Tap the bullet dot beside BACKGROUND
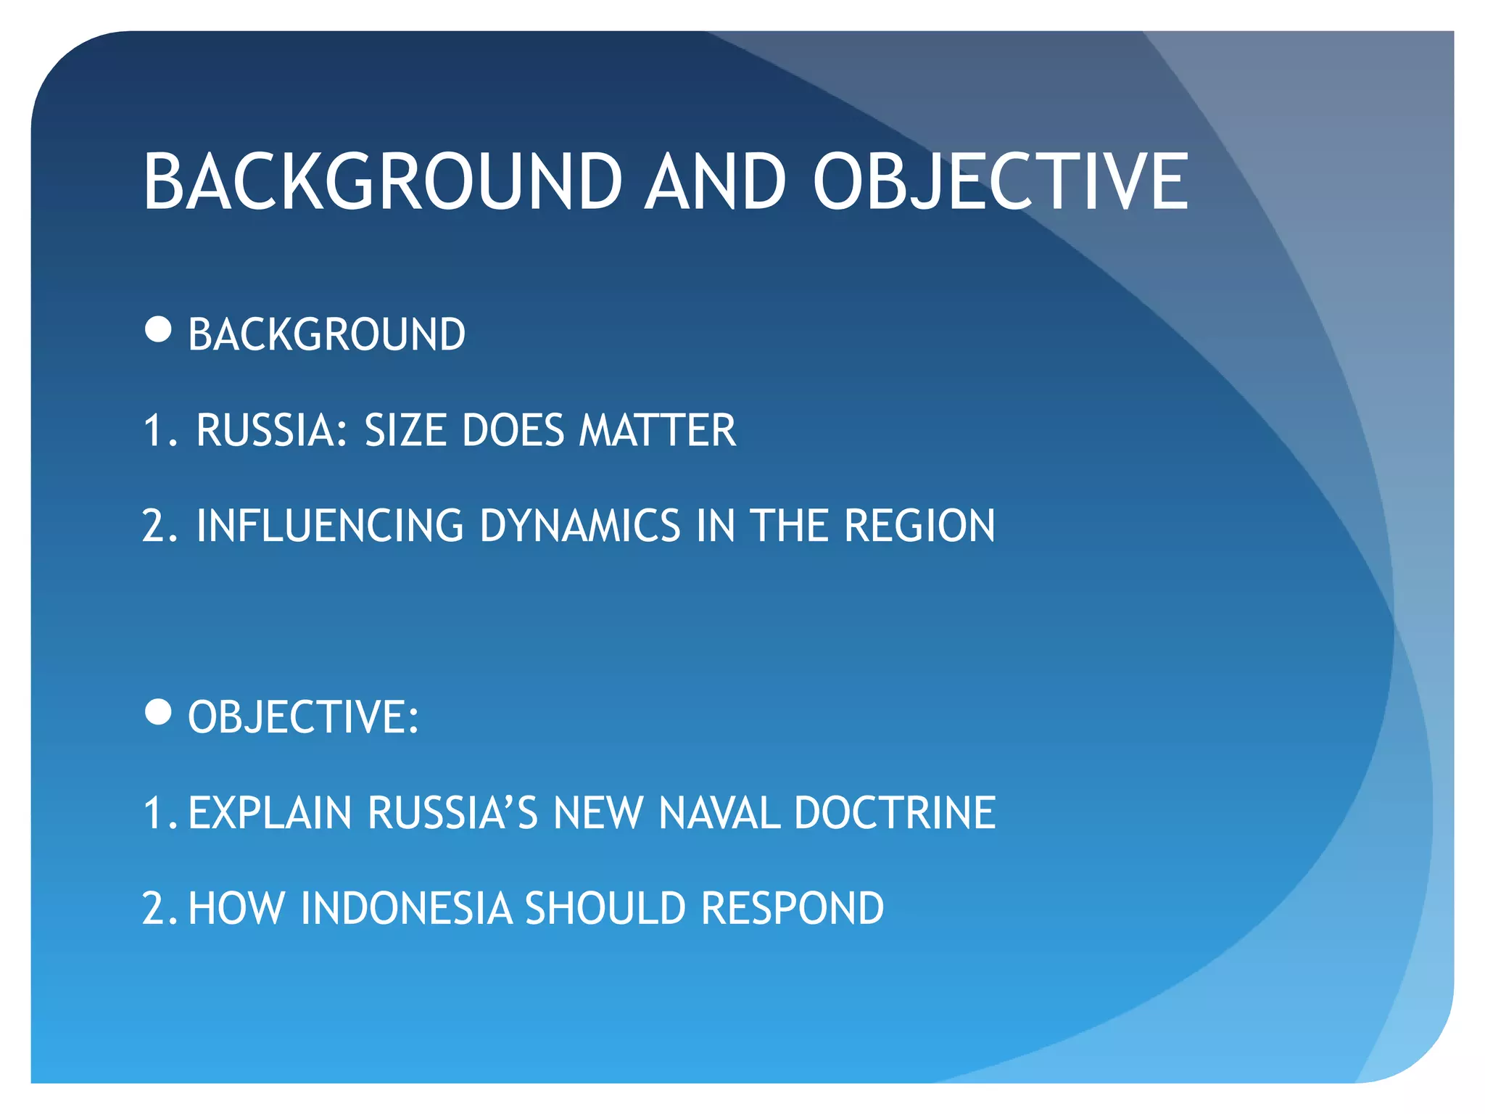click(x=158, y=329)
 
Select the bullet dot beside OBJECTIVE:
click(x=158, y=712)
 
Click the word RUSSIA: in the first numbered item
click(x=273, y=430)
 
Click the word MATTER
click(x=657, y=430)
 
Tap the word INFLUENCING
click(x=330, y=526)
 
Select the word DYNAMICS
click(x=580, y=526)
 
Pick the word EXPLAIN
click(x=270, y=812)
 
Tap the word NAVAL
click(x=719, y=812)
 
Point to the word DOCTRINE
click(x=895, y=812)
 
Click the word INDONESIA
click(x=406, y=908)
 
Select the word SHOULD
click(x=605, y=908)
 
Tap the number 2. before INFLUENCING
click(x=160, y=526)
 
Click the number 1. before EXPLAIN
click(x=160, y=812)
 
